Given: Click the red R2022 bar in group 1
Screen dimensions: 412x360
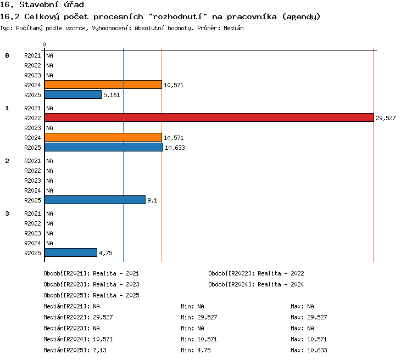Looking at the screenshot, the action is tap(209, 117).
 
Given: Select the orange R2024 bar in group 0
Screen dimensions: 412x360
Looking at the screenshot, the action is tap(103, 85).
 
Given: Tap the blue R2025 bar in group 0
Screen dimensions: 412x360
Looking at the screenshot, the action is tap(73, 94).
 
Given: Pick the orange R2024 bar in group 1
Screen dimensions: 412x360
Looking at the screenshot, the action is tap(103, 137).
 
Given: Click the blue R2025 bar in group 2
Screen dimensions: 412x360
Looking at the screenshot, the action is tap(95, 200).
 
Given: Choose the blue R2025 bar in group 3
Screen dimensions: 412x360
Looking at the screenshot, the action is tap(71, 252).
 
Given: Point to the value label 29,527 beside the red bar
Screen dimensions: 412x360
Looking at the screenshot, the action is tap(386, 118).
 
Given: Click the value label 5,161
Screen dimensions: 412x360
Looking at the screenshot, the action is tap(112, 95).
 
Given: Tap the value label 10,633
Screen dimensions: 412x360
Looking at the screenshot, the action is tap(175, 148).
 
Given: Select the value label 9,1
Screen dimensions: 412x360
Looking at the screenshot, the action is tap(152, 200).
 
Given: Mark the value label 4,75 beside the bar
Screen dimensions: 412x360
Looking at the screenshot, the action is tap(105, 253).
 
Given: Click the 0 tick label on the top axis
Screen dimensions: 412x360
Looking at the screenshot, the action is tap(44, 44).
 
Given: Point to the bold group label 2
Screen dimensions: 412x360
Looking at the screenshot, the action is tap(7, 161).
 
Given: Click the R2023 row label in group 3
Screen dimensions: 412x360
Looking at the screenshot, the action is tap(32, 233).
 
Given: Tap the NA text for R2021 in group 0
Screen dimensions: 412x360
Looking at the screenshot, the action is tap(49, 55).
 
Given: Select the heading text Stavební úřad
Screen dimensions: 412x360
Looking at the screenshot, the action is tap(52, 4).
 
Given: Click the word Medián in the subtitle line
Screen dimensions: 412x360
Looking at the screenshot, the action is tap(233, 28).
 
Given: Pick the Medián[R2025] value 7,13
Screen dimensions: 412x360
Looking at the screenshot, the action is tap(99, 350).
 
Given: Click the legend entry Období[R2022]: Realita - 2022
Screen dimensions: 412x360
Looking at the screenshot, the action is tap(256, 273).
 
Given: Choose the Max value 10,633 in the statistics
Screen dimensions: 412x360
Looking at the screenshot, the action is tap(317, 350).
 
